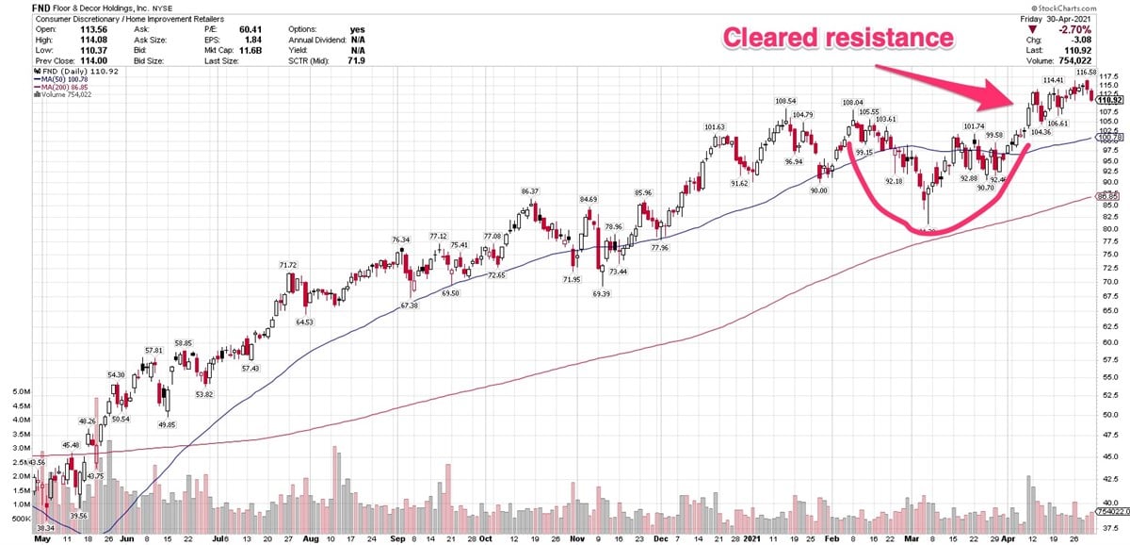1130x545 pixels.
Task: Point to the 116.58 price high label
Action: [1087, 72]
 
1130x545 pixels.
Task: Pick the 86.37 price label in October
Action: [530, 191]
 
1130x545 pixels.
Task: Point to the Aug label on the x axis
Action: [310, 541]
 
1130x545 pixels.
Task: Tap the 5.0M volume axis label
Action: [17, 389]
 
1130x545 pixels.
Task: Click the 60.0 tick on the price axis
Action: [1109, 341]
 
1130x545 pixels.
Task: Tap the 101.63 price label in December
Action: [715, 127]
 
